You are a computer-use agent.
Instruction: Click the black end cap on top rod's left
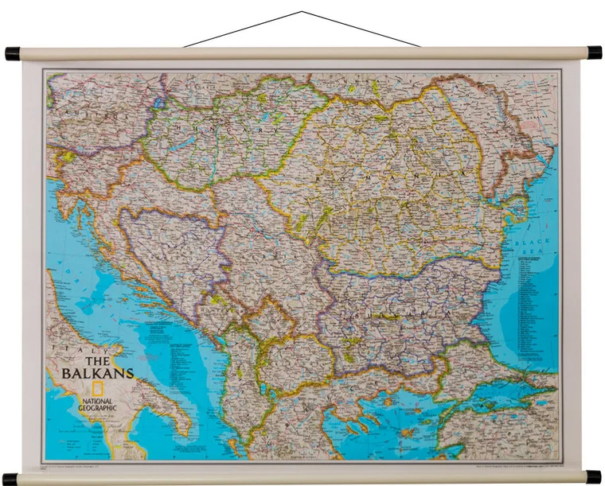point(12,53)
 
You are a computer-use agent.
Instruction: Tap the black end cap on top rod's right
point(594,53)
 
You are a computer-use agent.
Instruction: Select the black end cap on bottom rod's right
point(594,476)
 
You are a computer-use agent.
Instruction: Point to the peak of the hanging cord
point(302,13)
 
